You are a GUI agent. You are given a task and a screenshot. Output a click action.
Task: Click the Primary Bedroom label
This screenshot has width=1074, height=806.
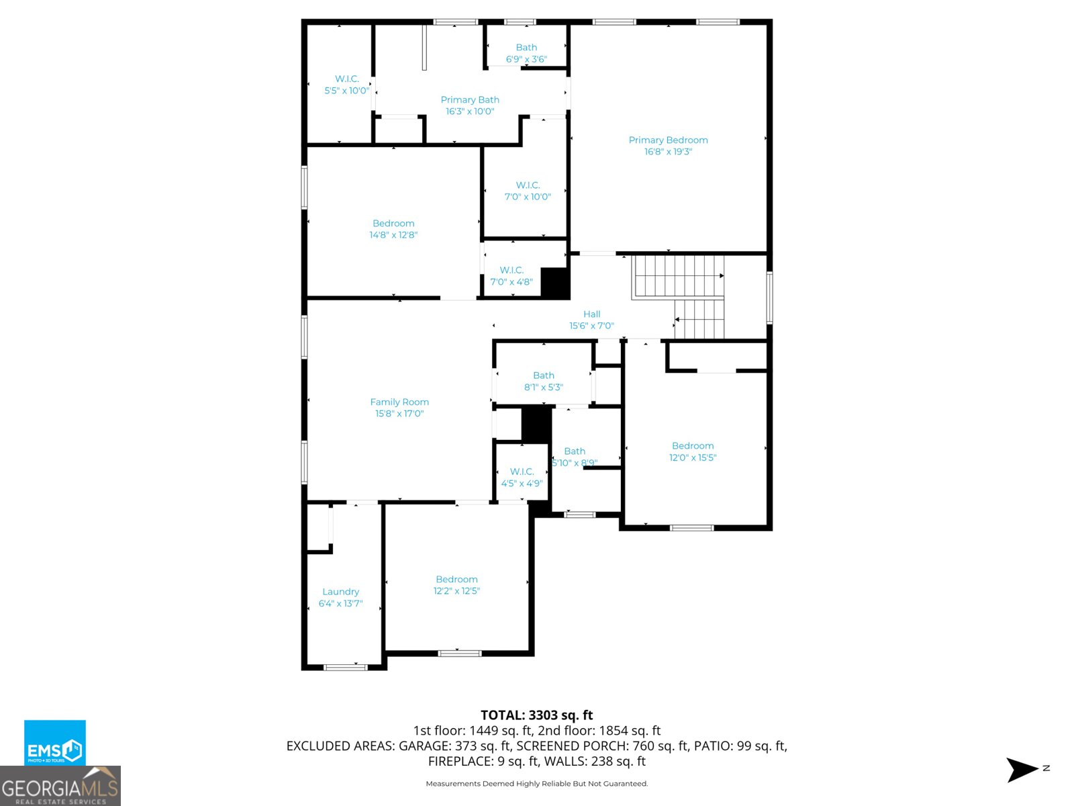(x=668, y=140)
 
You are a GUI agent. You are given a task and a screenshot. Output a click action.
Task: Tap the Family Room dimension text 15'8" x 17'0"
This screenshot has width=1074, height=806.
(x=399, y=414)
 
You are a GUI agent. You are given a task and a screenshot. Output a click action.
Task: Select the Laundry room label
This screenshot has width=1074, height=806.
(x=340, y=592)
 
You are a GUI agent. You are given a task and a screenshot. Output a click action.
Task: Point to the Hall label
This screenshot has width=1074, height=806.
(x=591, y=314)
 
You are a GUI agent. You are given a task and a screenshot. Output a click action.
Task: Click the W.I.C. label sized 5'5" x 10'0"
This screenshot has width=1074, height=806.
(x=347, y=79)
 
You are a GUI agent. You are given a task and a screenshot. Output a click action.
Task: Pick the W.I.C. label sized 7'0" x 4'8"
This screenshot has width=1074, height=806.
(x=511, y=270)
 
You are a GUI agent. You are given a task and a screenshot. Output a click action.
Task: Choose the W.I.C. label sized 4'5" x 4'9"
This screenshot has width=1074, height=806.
(x=522, y=472)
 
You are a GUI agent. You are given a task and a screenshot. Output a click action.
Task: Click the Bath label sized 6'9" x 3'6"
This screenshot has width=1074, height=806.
(x=526, y=48)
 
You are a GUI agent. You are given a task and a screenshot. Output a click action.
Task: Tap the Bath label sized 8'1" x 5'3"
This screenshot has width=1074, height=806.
(x=544, y=375)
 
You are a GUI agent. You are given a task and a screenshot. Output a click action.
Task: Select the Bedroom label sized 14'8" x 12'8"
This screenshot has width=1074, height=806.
(x=393, y=223)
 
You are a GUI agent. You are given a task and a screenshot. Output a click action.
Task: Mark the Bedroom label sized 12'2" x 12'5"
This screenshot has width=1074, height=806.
(x=456, y=579)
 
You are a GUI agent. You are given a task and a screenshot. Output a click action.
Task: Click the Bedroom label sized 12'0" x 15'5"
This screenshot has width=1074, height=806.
(x=693, y=446)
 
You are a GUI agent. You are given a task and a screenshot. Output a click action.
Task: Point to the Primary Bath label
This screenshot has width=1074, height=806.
(x=470, y=99)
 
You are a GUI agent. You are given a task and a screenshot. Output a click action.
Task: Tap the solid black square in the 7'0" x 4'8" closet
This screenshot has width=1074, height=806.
(x=555, y=283)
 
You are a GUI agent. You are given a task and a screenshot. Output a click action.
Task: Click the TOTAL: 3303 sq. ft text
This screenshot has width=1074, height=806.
(x=536, y=715)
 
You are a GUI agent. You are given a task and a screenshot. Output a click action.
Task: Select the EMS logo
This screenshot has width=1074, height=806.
(x=54, y=743)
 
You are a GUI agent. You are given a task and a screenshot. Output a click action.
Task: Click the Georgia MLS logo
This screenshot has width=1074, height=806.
(x=60, y=787)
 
